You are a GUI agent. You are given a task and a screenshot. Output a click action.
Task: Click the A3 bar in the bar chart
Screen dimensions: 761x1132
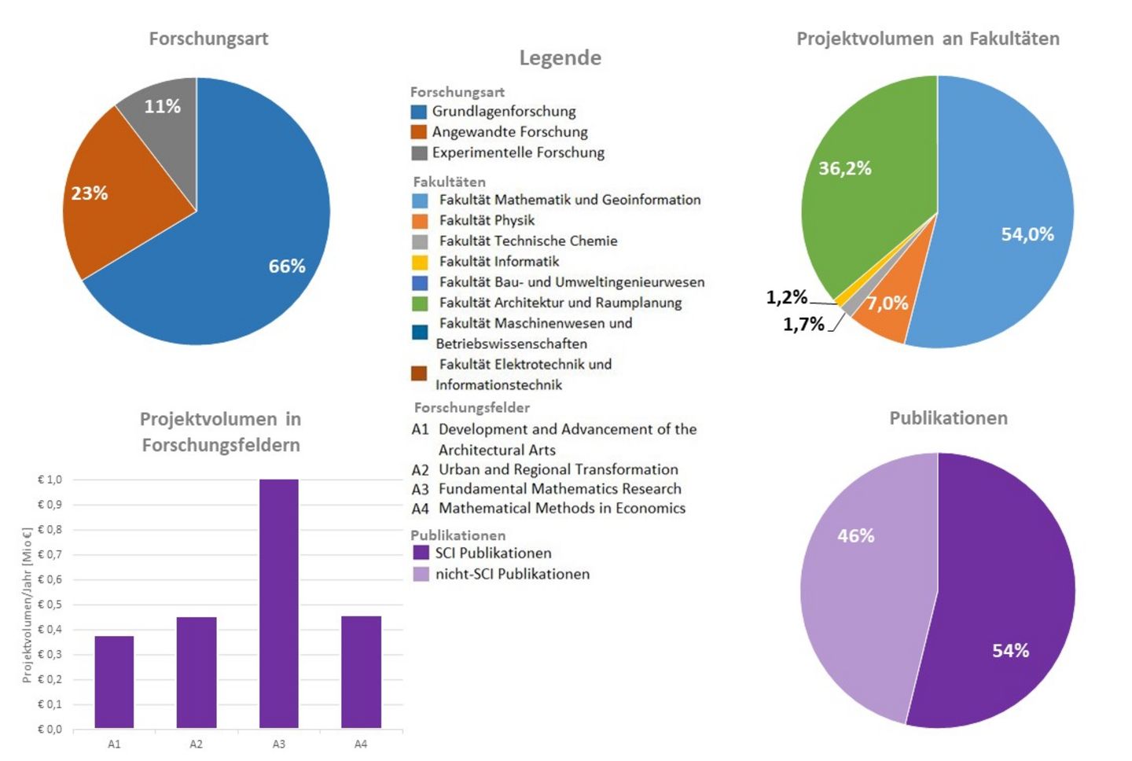pyautogui.click(x=278, y=603)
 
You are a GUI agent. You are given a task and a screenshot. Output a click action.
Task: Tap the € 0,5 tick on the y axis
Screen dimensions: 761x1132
pyautogui.click(x=50, y=605)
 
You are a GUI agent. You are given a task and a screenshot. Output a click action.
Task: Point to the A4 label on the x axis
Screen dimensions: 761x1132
pyautogui.click(x=360, y=744)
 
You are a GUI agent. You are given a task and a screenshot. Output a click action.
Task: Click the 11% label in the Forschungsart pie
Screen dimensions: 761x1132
pyautogui.click(x=163, y=106)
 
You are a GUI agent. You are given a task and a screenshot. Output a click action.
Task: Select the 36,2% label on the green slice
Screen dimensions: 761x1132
pyautogui.click(x=845, y=168)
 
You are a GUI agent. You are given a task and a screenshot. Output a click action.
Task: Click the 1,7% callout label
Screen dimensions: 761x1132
pyautogui.click(x=803, y=324)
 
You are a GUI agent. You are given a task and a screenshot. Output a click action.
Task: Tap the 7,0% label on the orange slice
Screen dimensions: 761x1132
pyautogui.click(x=888, y=303)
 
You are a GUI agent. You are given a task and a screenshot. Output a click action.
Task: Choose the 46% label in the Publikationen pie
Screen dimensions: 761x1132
pyautogui.click(x=856, y=535)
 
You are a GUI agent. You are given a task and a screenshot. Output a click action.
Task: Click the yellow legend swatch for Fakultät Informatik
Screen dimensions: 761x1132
pyautogui.click(x=420, y=262)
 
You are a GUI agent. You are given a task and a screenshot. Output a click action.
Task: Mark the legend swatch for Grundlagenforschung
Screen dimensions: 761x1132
pyautogui.click(x=419, y=112)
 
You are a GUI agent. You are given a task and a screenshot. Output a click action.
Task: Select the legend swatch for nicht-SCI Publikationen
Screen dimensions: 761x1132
pyautogui.click(x=421, y=574)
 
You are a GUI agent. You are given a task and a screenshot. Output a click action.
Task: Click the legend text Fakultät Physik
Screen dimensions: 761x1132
pyautogui.click(x=487, y=220)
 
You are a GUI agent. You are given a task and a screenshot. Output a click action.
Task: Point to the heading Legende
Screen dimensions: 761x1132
pyautogui.click(x=560, y=57)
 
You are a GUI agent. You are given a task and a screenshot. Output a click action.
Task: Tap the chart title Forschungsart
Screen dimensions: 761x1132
pyautogui.click(x=208, y=39)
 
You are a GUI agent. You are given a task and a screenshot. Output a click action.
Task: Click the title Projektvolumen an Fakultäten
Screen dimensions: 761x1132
pyautogui.click(x=928, y=39)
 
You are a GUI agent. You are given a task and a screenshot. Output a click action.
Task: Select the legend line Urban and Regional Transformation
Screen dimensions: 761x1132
pyautogui.click(x=558, y=469)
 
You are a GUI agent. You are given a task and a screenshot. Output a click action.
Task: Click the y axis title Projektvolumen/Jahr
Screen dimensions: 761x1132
pyautogui.click(x=27, y=605)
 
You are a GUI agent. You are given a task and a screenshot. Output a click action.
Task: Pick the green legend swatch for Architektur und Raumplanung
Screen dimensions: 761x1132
pyautogui.click(x=420, y=303)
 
